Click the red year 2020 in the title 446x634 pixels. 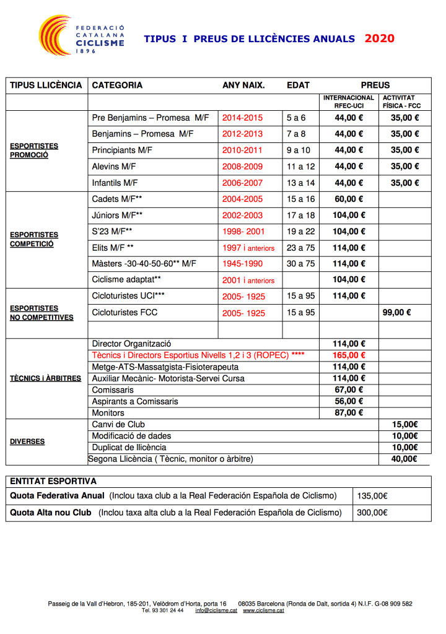[379, 38]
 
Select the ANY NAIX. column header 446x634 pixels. [243, 85]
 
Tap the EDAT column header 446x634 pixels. [299, 85]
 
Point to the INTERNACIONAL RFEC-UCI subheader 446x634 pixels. [349, 102]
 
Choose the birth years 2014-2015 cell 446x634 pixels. [242, 118]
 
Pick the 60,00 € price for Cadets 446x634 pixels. [349, 199]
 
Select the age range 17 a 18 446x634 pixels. [300, 215]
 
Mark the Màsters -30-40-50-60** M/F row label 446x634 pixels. [144, 264]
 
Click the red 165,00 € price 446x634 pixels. [349, 355]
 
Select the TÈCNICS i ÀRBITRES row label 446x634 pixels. [45, 378]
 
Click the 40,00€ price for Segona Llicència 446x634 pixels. [405, 459]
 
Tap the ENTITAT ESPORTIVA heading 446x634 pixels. [53, 481]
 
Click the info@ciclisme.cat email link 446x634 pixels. [216, 610]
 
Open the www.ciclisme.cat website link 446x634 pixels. [263, 610]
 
